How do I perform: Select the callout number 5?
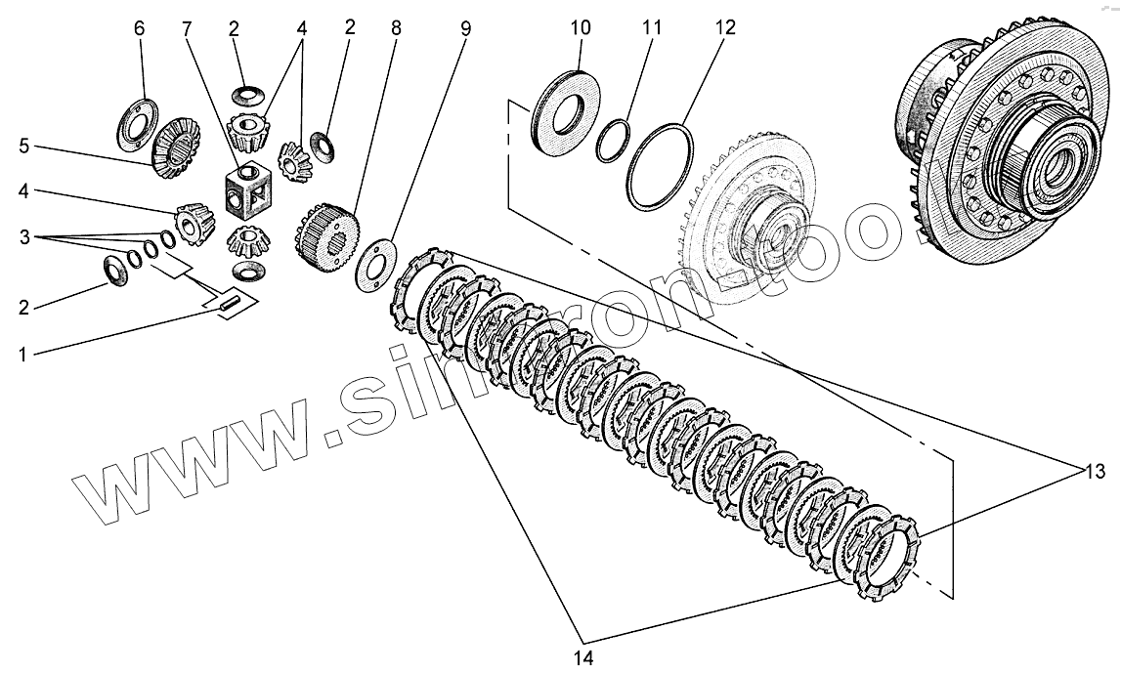[x=23, y=147]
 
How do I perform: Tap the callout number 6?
[x=139, y=28]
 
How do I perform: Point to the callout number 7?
[x=187, y=28]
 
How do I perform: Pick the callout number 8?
[x=395, y=28]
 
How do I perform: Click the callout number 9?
[x=465, y=28]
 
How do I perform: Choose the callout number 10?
[x=581, y=28]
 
